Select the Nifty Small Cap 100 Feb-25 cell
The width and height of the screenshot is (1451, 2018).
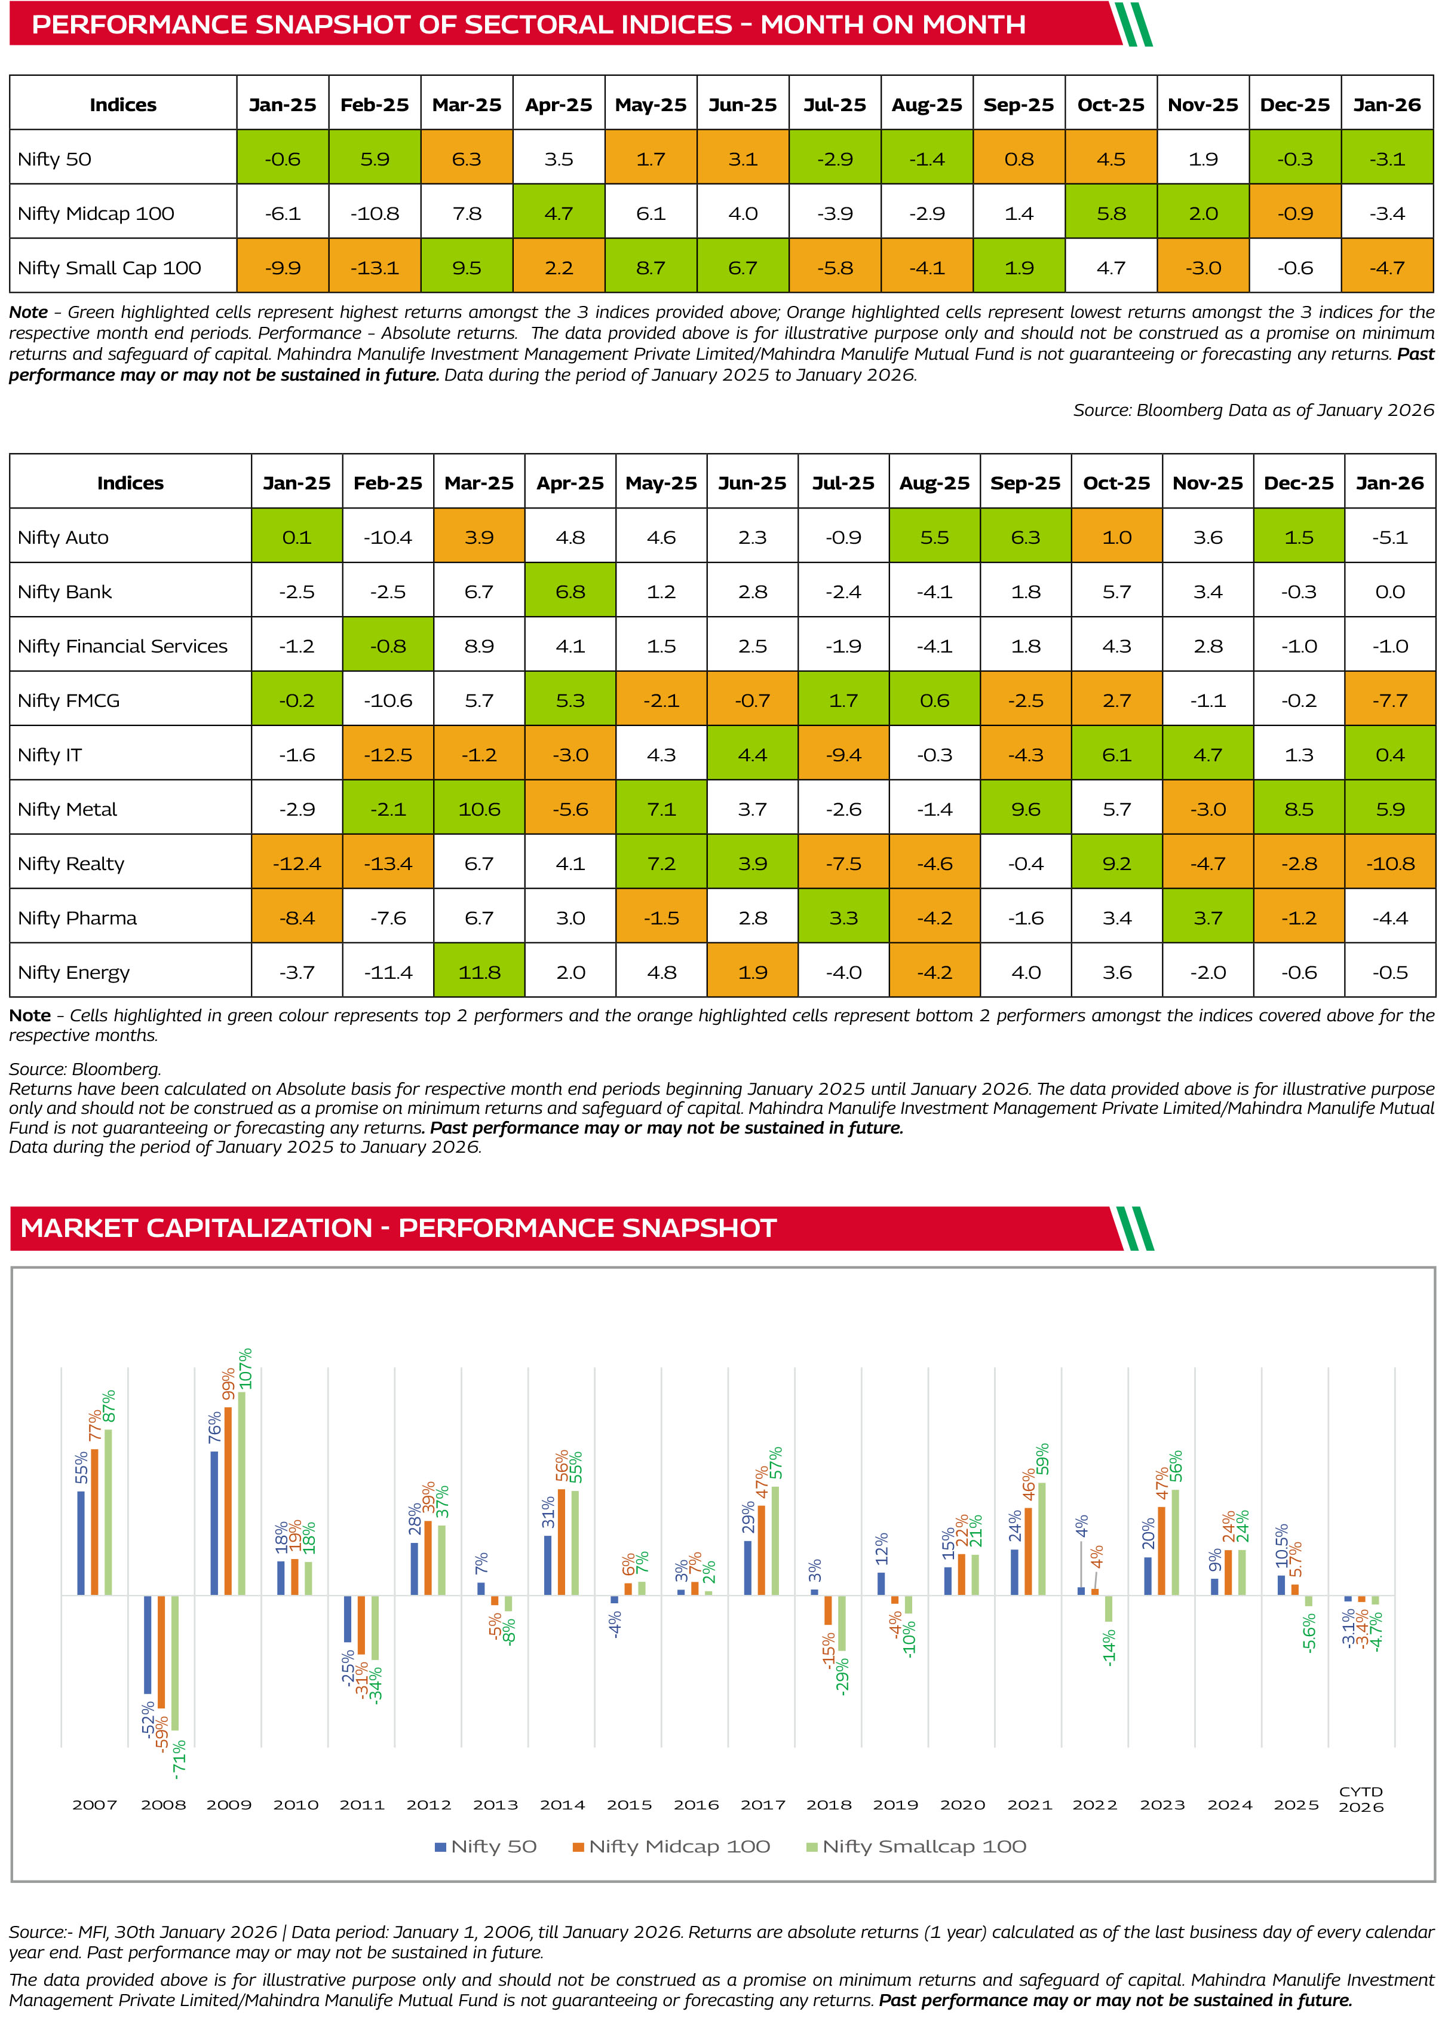(x=375, y=267)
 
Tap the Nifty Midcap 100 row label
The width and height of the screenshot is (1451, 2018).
(x=96, y=213)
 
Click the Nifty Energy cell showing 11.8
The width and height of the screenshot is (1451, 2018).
(x=480, y=972)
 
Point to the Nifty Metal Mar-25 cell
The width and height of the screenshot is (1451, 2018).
(x=480, y=809)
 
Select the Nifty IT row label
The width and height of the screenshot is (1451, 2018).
(x=50, y=755)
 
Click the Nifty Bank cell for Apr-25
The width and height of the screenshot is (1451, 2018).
(x=570, y=591)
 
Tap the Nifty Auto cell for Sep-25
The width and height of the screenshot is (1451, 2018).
(x=1026, y=537)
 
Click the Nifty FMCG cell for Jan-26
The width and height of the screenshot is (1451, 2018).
(x=1389, y=700)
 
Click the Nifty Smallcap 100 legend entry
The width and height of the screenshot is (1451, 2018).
(x=916, y=1846)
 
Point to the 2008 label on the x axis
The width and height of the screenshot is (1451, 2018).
(x=163, y=1805)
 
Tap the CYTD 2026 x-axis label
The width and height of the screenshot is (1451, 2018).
(x=1361, y=1799)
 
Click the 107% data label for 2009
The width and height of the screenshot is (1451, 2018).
(x=246, y=1368)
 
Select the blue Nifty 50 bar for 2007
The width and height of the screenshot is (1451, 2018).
(x=81, y=1543)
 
